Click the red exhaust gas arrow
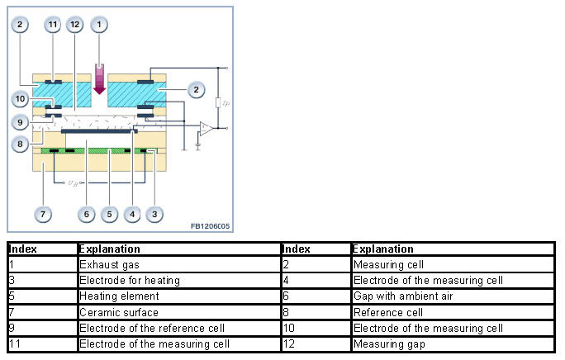(100, 79)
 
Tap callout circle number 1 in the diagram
(100, 25)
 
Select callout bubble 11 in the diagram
(53, 25)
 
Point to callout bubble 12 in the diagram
(77, 25)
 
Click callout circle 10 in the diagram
(21, 99)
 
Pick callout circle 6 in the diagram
(87, 214)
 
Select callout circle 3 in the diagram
(154, 214)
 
